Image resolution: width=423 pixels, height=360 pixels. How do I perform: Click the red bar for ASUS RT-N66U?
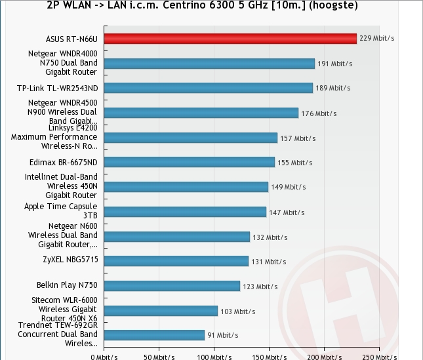tap(230, 39)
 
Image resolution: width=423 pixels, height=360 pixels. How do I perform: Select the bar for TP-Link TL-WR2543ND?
tap(208, 88)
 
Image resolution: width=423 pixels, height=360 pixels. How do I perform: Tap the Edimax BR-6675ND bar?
tap(189, 162)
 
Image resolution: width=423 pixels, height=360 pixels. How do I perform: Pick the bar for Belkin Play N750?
tap(172, 286)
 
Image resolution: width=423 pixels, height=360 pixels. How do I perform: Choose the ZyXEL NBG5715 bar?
tap(176, 261)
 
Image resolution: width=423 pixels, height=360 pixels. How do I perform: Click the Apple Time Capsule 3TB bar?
tap(185, 212)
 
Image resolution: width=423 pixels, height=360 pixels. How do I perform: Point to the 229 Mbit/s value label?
tap(377, 39)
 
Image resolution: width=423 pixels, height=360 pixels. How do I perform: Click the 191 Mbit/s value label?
tap(335, 64)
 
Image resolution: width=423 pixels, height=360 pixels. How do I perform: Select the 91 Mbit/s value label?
tap(222, 335)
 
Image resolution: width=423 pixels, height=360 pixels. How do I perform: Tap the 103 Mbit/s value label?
tap(237, 311)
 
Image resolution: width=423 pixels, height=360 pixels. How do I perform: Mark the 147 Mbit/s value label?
tap(287, 212)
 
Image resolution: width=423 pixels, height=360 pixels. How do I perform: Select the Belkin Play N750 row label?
tap(67, 285)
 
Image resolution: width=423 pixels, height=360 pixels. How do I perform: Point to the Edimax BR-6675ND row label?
tap(68, 162)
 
